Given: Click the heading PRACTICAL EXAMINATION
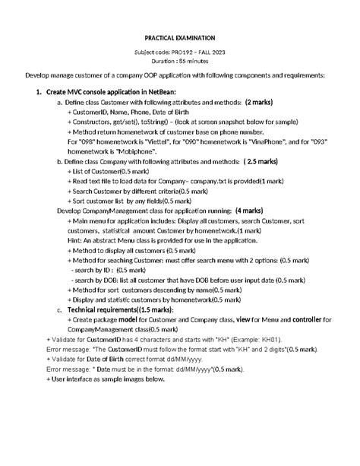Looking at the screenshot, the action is point(180,38).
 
